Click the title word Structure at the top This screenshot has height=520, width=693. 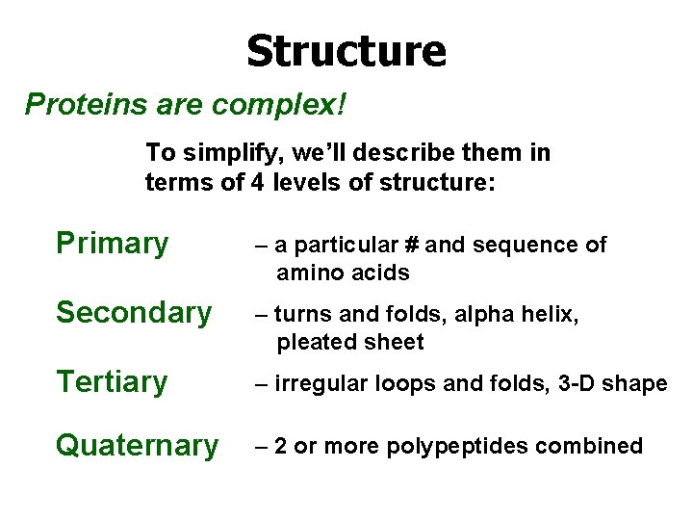pos(346,50)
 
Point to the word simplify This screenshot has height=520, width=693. pos(225,153)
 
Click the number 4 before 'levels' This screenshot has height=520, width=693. pos(256,182)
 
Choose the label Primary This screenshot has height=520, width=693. pos(112,243)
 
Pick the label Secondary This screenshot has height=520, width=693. pos(134,312)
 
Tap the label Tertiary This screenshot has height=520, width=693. pos(112,382)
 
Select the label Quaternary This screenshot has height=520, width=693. pos(137,446)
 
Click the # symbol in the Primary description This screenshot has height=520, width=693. pos(411,246)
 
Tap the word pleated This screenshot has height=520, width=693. pos(314,342)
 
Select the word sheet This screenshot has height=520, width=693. pos(393,342)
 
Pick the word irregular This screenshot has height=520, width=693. pos(317,383)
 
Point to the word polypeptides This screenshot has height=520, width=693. pos(449,447)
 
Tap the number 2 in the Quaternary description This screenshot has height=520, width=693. pos(280,446)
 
